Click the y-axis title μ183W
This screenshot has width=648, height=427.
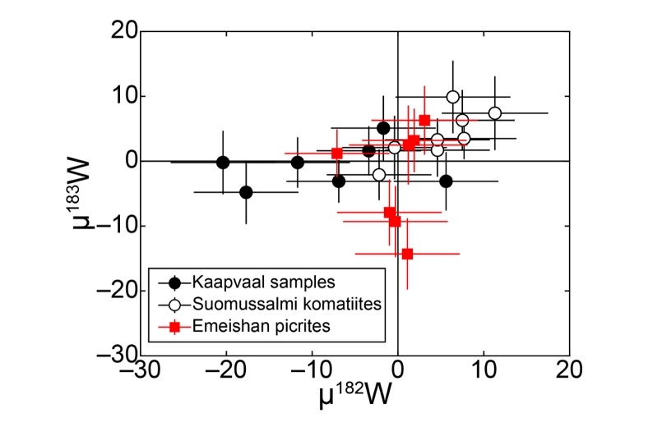coord(97,193)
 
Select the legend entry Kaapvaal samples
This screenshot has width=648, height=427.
coord(245,283)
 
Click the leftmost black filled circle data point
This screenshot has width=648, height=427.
coord(223,163)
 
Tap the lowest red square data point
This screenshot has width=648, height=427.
coord(407,254)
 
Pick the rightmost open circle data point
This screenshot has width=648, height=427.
coord(495,113)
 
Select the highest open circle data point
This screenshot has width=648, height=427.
coord(452,97)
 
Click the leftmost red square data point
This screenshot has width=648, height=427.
coord(337,153)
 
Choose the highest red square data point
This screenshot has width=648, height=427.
coord(424,120)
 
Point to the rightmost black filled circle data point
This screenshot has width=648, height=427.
coord(446,181)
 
